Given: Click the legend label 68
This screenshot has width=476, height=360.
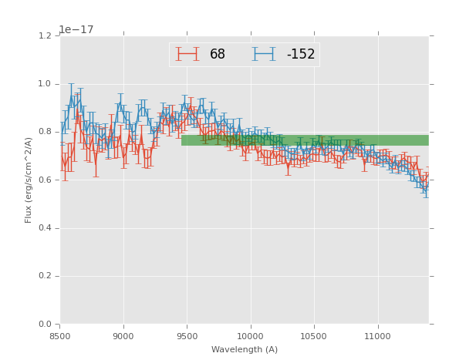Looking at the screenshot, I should (218, 55).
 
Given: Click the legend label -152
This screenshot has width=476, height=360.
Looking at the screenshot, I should (301, 55).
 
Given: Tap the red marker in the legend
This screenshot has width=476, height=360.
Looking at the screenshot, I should (187, 54).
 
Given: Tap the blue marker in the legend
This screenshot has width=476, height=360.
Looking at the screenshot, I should (263, 54).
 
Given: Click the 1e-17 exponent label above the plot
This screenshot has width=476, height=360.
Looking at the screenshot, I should (76, 30).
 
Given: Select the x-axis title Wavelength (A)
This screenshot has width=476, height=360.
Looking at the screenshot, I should (245, 350).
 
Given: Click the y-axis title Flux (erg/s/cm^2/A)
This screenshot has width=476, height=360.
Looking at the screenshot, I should (29, 180).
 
